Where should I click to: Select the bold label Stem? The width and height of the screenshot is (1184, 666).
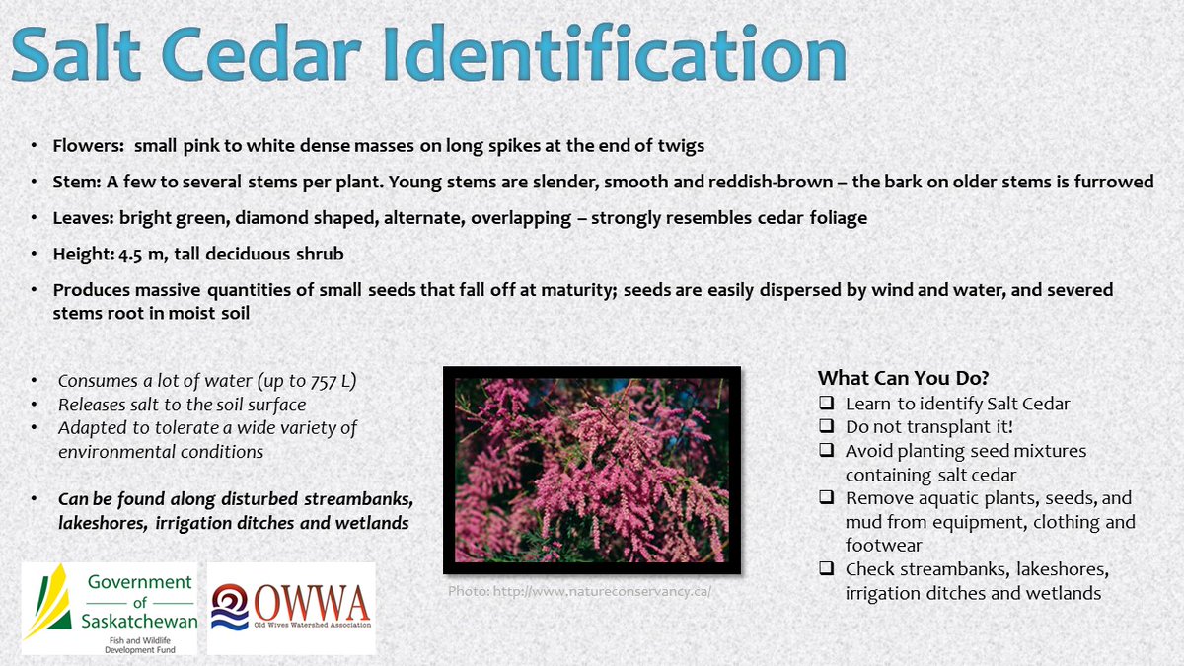click(75, 182)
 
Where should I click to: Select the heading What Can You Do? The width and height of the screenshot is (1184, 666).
click(903, 378)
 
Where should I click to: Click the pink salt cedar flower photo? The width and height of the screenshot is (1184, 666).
click(591, 470)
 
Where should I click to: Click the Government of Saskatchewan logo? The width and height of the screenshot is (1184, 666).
click(110, 609)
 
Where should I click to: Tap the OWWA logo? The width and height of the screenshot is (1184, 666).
click(292, 608)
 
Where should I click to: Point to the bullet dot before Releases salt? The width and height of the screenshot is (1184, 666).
click(36, 405)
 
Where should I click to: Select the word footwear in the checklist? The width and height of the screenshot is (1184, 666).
click(884, 545)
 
